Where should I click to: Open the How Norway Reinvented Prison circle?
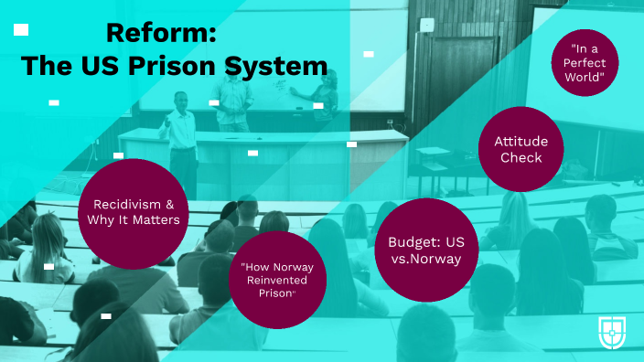pos(276,279)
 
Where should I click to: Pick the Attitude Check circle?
pos(519,150)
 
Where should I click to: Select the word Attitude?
pos(520,142)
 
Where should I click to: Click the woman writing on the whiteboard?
pos(324,102)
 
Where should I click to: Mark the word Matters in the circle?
pos(160,220)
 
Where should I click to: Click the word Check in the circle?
pos(520,157)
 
